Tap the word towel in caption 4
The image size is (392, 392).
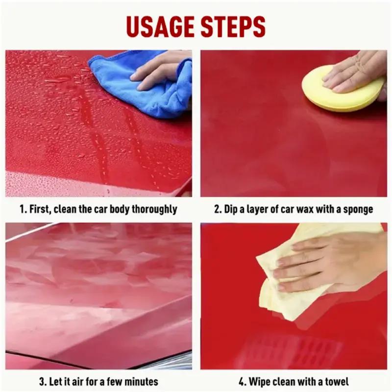(x=337, y=381)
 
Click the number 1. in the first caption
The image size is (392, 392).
(x=23, y=209)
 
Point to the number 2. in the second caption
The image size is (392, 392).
(x=219, y=209)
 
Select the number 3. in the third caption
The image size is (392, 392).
(x=43, y=381)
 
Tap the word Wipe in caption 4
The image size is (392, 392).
(x=259, y=381)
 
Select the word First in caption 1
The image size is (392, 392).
(x=40, y=209)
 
